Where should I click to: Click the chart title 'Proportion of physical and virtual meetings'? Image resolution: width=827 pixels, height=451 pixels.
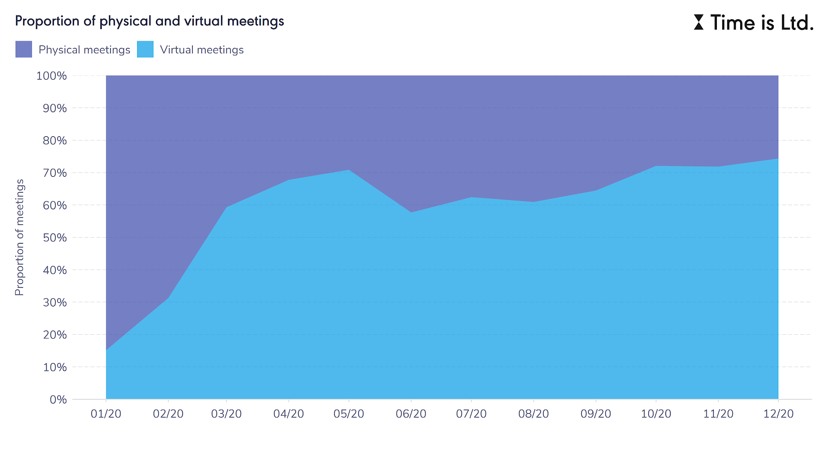coord(149,21)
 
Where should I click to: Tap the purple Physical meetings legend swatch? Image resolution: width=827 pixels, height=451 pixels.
coord(24,50)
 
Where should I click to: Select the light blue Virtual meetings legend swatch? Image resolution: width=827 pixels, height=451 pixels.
coord(145,50)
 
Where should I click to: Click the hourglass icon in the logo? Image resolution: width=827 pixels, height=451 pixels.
coord(698,22)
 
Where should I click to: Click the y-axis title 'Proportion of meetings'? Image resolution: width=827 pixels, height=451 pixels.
coord(20,237)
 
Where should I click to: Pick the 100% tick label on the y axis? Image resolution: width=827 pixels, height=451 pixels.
coord(52,76)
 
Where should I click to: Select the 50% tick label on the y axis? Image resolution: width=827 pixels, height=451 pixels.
coord(54,238)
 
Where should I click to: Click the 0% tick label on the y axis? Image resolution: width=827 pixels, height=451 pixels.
coord(58,399)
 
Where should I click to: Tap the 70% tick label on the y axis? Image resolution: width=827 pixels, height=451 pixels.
coord(54,173)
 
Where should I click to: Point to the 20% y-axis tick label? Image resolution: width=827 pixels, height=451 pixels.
coord(54,335)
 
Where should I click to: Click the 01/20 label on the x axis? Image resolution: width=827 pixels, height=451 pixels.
coord(106,414)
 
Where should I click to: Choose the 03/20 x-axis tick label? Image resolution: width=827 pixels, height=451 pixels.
coord(226,414)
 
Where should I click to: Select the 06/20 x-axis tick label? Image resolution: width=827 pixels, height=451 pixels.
coord(411,414)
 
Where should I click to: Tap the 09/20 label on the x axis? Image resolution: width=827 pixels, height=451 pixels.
coord(595,414)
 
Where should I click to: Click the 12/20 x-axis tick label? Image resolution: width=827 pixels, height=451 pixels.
coord(778,414)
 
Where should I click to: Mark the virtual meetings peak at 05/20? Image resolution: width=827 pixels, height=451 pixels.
coord(349,170)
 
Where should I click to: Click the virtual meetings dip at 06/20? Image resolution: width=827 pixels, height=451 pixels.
coord(411,212)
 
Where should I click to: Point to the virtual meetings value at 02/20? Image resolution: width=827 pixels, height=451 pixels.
coord(168,298)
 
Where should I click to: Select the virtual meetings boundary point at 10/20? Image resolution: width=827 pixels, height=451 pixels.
coord(656,166)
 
